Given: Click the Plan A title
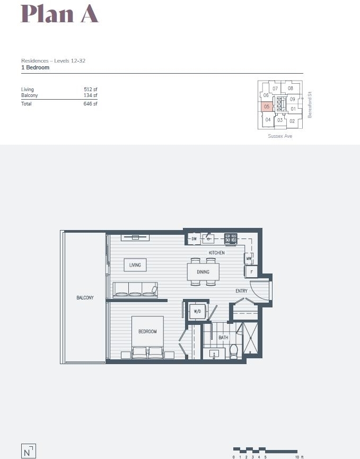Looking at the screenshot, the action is (x=59, y=14).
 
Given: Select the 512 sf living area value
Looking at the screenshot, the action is (x=91, y=89).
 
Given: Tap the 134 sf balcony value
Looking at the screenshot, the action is (x=91, y=95).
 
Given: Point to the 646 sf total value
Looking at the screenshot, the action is (x=91, y=104).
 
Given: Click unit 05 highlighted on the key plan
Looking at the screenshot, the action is (x=267, y=107).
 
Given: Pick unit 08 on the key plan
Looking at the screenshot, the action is (x=291, y=88).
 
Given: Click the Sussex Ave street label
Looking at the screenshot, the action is (x=280, y=136).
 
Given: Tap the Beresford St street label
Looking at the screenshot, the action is (x=310, y=105).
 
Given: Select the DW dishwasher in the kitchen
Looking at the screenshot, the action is (x=194, y=239).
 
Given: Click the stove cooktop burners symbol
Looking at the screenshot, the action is (x=231, y=239).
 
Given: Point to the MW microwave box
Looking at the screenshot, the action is (x=249, y=259).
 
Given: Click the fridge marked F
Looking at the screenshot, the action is (x=251, y=272).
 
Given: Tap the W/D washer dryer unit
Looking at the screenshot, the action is (x=197, y=311).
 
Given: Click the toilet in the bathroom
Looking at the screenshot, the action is (x=234, y=351).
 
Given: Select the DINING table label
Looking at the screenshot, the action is (x=203, y=272).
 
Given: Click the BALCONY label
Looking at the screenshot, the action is (x=85, y=298).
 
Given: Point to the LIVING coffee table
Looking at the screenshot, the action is (x=135, y=265).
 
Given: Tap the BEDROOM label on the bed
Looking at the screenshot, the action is (x=147, y=331).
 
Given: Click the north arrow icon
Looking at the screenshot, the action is (x=29, y=451).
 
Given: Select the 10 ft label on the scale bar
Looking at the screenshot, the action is (x=299, y=457).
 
